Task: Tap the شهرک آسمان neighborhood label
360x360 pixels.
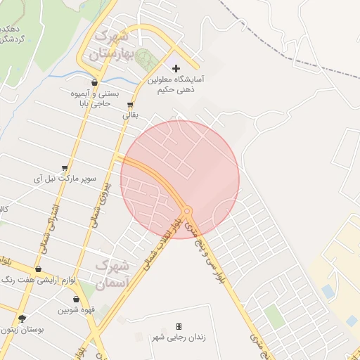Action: [x=112, y=275]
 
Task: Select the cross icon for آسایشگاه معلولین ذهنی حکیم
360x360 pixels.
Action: [x=176, y=68]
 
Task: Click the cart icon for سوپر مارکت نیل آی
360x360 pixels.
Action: [x=65, y=168]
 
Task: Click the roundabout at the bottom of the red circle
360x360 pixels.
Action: [x=187, y=210]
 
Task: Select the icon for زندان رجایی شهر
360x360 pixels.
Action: [x=179, y=326]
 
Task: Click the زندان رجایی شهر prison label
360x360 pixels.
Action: [x=179, y=337]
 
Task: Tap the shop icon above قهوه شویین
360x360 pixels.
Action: [x=76, y=300]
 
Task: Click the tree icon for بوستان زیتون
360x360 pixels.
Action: [x=22, y=318]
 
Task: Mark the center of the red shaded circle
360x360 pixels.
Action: [x=180, y=179]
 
